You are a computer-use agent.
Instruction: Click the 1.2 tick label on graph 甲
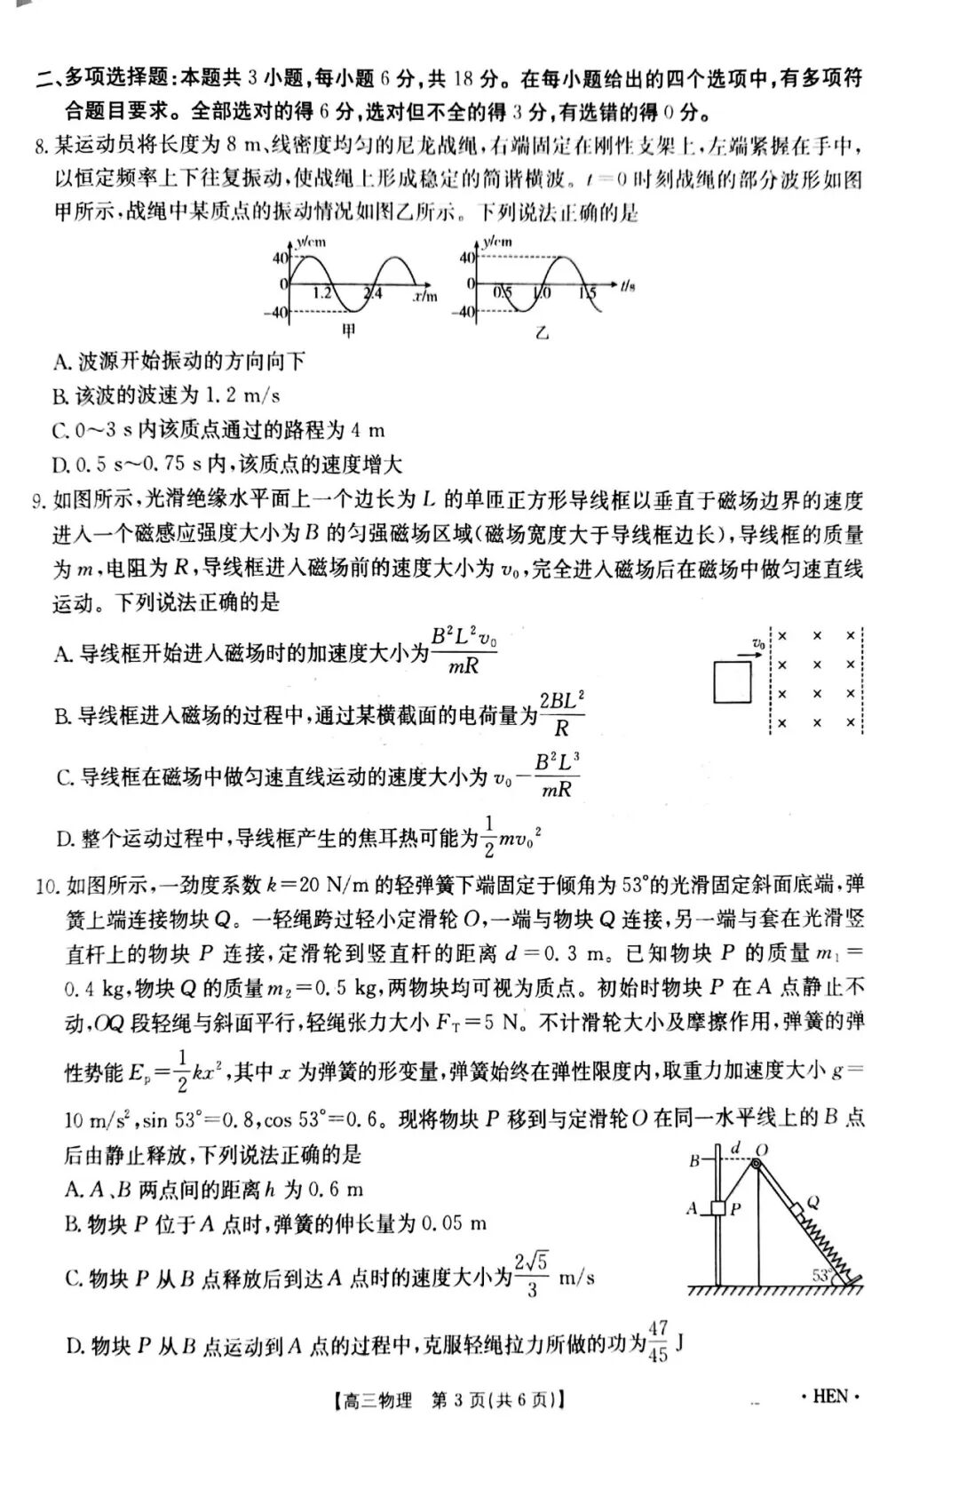[x=323, y=292]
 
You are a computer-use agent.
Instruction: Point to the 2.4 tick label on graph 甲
[x=373, y=292]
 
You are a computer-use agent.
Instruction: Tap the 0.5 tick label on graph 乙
[x=503, y=292]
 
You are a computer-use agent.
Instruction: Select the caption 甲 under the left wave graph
[x=350, y=331]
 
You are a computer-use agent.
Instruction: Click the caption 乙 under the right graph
[x=542, y=333]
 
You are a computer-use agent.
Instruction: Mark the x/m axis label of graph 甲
[x=425, y=295]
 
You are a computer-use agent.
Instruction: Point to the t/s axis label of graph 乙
[x=628, y=286]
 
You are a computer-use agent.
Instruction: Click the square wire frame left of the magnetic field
[x=733, y=682]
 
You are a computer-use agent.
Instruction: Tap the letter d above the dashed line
[x=735, y=1148]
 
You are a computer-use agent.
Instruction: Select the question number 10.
[x=46, y=886]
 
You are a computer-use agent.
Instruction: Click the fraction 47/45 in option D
[x=658, y=1342]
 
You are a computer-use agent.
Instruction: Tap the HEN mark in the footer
[x=830, y=1397]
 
